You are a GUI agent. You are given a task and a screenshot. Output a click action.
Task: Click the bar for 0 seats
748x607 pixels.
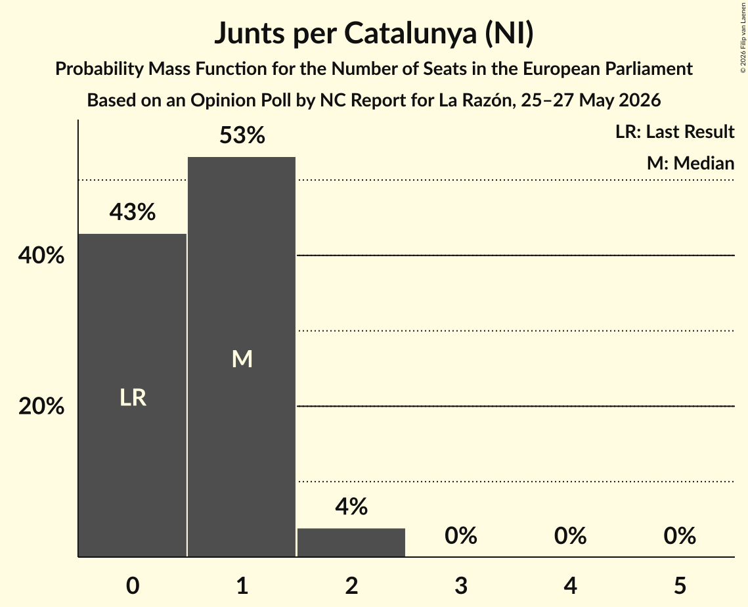[133, 395]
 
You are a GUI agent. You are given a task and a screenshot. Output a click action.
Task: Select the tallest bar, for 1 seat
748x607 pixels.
[242, 357]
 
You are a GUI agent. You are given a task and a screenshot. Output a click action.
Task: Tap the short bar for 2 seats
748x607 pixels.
[351, 543]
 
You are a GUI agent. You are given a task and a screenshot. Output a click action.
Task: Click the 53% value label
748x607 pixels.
[242, 135]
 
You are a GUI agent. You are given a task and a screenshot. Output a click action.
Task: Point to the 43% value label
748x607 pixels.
[133, 212]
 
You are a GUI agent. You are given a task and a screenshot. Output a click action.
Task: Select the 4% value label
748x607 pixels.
[351, 506]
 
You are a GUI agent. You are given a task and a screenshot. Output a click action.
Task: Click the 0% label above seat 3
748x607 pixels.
[461, 535]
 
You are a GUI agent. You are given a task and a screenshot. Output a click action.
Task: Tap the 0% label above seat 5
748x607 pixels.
[680, 535]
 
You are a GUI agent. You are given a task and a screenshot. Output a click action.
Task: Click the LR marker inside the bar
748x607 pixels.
[133, 397]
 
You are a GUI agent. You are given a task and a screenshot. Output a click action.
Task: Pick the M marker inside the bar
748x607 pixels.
[242, 359]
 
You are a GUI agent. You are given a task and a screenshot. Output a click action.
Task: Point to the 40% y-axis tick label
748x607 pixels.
[41, 256]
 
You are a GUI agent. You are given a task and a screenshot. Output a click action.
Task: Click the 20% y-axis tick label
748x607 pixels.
[41, 406]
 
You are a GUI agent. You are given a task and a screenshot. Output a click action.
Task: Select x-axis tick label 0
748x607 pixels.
[133, 585]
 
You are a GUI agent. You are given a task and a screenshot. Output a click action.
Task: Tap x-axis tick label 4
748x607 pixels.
[571, 585]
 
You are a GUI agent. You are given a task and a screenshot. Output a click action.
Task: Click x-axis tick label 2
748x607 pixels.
[351, 585]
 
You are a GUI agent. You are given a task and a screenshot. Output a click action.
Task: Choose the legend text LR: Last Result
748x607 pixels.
[674, 131]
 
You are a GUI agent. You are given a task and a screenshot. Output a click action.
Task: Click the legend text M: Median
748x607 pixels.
[690, 163]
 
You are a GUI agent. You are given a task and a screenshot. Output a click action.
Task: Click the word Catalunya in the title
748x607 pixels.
[410, 34]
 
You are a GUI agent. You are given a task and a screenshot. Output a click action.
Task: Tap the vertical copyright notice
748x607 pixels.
[743, 38]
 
